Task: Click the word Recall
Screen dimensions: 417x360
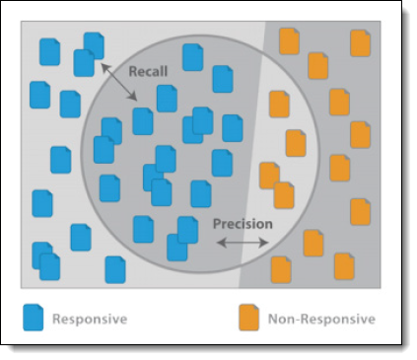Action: [x=148, y=71]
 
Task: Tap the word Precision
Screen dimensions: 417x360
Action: [x=243, y=224]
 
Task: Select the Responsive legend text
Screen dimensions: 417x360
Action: [x=90, y=319]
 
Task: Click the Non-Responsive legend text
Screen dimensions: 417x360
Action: [x=321, y=319]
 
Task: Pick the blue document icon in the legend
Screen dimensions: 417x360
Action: [x=34, y=318]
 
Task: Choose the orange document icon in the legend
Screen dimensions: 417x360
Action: [x=249, y=318]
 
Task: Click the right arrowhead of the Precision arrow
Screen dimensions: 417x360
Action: [x=264, y=243]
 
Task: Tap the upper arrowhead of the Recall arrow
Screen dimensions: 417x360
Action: [x=104, y=67]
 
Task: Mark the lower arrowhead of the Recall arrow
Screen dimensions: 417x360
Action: [x=133, y=97]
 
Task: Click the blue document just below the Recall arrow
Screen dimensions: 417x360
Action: [x=143, y=121]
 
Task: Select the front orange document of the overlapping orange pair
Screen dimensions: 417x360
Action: [x=284, y=195]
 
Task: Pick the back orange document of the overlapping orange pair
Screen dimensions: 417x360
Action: [x=269, y=176]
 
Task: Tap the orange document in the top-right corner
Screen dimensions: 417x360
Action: [x=361, y=43]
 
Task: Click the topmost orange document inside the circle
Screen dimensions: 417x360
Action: [x=279, y=105]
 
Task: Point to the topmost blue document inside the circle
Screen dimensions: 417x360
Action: [x=193, y=57]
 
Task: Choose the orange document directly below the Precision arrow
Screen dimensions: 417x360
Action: [x=281, y=270]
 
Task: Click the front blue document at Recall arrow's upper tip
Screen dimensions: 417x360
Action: [x=84, y=63]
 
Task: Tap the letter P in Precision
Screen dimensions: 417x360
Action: [x=217, y=224]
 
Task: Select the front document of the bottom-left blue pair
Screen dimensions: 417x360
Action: [x=49, y=267]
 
